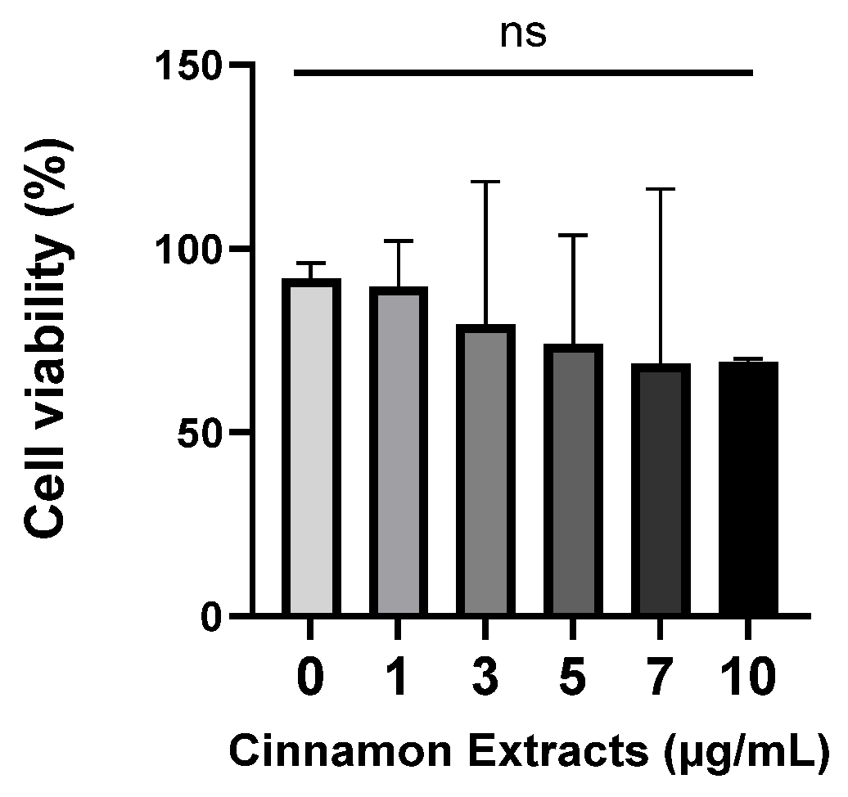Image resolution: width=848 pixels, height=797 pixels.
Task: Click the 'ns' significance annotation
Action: point(523,34)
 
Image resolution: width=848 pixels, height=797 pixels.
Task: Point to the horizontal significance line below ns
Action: point(523,74)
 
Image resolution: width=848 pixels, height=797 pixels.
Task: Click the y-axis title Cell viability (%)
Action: point(49,339)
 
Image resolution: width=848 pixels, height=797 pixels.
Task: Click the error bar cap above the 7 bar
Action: point(661,189)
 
